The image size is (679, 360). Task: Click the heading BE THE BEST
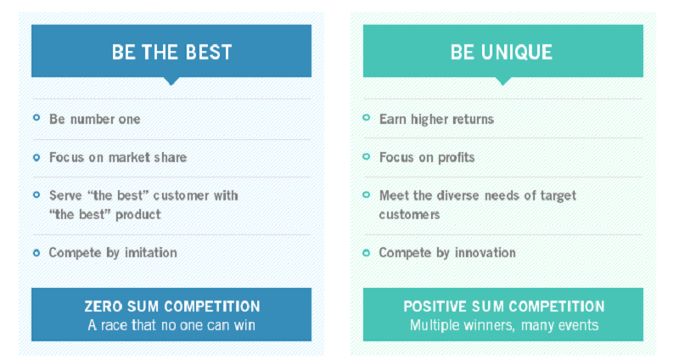[172, 52]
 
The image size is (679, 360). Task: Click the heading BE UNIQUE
[502, 52]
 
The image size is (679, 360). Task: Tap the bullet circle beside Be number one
[36, 117]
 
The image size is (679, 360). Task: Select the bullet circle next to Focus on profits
[367, 156]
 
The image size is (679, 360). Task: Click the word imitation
[151, 252]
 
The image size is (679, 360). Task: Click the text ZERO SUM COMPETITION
[172, 307]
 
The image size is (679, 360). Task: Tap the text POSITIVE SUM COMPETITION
[504, 307]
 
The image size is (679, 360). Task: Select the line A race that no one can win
[171, 325]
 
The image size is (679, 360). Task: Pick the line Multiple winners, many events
[504, 325]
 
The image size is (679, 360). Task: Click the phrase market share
[148, 157]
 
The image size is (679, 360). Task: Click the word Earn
[393, 119]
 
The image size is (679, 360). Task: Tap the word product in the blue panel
[138, 215]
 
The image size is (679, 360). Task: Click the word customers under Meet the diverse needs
[409, 215]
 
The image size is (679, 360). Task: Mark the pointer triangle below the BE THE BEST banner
[171, 81]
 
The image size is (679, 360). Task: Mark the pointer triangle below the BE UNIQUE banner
[502, 81]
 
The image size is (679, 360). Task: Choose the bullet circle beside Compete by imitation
[36, 252]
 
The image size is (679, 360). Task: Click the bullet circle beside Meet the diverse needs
[367, 194]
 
